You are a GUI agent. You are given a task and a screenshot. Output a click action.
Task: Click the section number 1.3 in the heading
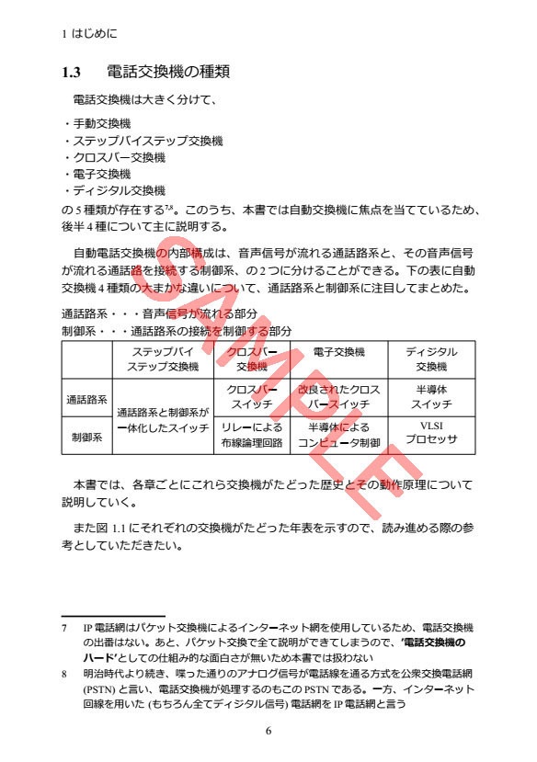pos(72,71)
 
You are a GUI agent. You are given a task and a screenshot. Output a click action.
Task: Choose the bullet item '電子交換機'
pos(101,174)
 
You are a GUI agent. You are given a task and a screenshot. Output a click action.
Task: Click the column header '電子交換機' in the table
pos(338,352)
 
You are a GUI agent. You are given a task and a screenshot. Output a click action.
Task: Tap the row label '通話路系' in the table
pos(86,401)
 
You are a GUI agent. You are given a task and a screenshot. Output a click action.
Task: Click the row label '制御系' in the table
pos(86,438)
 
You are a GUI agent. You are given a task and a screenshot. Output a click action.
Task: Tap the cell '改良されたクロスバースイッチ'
pos(338,396)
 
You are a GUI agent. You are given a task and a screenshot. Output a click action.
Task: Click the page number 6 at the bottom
pos(268,731)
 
